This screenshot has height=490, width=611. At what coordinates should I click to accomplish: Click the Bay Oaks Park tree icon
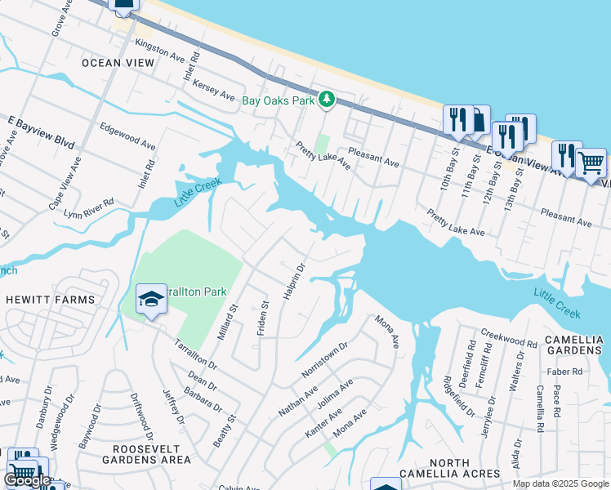(327, 100)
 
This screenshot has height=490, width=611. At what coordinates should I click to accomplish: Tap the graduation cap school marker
(151, 300)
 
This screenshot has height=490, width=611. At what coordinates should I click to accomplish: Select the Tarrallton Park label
(196, 292)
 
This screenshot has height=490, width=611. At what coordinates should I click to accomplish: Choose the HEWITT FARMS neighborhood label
(49, 300)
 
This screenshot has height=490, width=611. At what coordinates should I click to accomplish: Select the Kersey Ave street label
(215, 90)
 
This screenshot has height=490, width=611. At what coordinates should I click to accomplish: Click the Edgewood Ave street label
(127, 136)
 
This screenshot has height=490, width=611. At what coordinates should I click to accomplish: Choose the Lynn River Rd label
(89, 210)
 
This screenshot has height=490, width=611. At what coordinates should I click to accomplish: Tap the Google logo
(27, 480)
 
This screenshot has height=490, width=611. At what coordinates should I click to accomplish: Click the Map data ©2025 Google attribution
(560, 483)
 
